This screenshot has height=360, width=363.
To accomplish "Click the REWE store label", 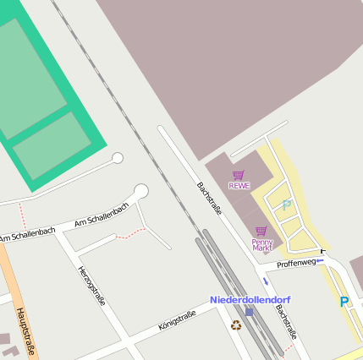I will pyautogui.click(x=239, y=186).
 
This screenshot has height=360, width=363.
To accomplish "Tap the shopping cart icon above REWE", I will pyautogui.click(x=239, y=175).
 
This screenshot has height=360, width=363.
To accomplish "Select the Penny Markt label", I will pyautogui.click(x=262, y=245).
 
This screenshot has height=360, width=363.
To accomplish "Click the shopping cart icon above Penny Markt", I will pyautogui.click(x=261, y=231).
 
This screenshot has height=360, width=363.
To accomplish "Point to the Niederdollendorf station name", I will pyautogui.click(x=250, y=300).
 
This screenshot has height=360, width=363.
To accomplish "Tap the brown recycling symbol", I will pyautogui.click(x=236, y=325).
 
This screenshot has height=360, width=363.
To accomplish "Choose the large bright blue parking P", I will pyautogui.click(x=344, y=302).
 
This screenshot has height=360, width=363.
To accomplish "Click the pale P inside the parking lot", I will pyautogui.click(x=286, y=205).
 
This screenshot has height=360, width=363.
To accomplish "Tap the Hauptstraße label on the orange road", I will pyautogui.click(x=25, y=331).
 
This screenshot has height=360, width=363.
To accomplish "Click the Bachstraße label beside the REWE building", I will pyautogui.click(x=209, y=198).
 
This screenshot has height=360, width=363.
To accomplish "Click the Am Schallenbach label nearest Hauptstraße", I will pyautogui.click(x=28, y=233).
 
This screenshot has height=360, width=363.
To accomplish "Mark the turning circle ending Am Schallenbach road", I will pyautogui.click(x=140, y=192).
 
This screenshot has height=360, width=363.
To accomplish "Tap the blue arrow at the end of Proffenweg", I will pyautogui.click(x=320, y=261).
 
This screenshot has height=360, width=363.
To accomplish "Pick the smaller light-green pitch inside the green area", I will pyautogui.click(x=52, y=145).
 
